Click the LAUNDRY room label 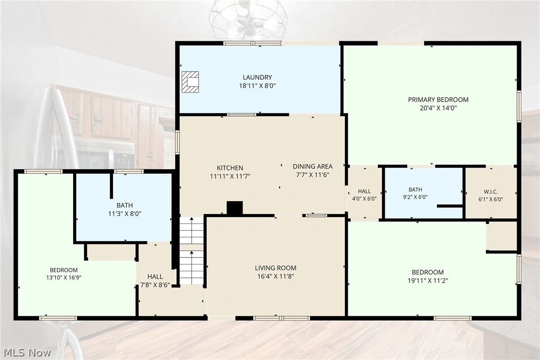click(257, 77)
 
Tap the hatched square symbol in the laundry click(191, 82)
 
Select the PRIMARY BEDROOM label click(438, 100)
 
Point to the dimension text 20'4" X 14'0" click(438, 108)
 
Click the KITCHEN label click(230, 168)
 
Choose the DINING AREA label click(313, 166)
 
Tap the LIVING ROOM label click(276, 268)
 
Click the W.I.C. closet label click(491, 192)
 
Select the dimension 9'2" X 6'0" click(416, 197)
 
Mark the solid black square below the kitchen click(234, 208)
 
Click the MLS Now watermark click(27, 353)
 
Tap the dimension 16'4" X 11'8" click(276, 276)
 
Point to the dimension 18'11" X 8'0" click(257, 86)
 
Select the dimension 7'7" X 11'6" click(313, 175)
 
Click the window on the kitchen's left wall click(177, 141)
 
